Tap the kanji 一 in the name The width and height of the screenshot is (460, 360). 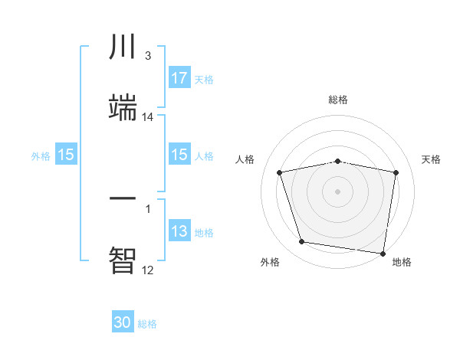pyautogui.click(x=123, y=198)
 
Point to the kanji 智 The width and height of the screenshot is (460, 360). pyautogui.click(x=123, y=259)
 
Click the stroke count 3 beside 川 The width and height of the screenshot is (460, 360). pyautogui.click(x=147, y=56)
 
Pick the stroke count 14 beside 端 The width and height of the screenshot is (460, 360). pyautogui.click(x=147, y=116)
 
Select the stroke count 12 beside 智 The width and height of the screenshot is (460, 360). pyautogui.click(x=147, y=270)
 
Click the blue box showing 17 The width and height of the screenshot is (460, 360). pyautogui.click(x=179, y=78)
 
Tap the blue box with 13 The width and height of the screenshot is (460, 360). pyautogui.click(x=179, y=232)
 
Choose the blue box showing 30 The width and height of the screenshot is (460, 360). pyautogui.click(x=123, y=323)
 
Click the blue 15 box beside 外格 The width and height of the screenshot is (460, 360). pyautogui.click(x=66, y=155)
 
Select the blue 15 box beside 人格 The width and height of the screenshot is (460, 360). pyautogui.click(x=179, y=155)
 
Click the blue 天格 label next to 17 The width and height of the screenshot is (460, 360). pyautogui.click(x=203, y=80)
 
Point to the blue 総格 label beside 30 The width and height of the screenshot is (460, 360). pyautogui.click(x=147, y=324)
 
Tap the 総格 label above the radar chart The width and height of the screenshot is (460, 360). pyautogui.click(x=338, y=100)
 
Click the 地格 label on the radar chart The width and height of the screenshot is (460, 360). pyautogui.click(x=402, y=263)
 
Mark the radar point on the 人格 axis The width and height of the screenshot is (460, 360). pyautogui.click(x=280, y=172)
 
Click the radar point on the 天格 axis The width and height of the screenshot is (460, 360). pyautogui.click(x=396, y=172)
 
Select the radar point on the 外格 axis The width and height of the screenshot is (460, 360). pyautogui.click(x=301, y=242)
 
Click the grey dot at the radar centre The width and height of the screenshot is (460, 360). pyautogui.click(x=338, y=191)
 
